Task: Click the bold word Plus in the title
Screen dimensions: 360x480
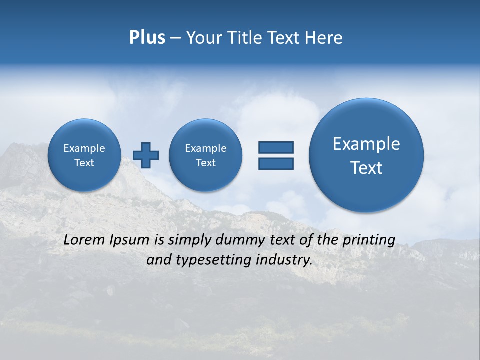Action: pos(147,38)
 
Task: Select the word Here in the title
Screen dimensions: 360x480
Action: pos(325,38)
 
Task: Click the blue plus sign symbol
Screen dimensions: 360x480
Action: pos(146,155)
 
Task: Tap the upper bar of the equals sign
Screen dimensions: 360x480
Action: pos(276,147)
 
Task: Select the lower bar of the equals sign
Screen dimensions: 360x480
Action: pos(276,163)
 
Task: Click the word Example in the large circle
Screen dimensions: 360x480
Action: pos(366,144)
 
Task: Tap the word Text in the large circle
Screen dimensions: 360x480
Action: pos(366,168)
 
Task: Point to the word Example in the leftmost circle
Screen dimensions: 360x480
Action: pos(84,148)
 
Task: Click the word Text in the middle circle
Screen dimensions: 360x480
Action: pos(205,163)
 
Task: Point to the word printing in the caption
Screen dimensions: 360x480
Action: pos(369,240)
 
